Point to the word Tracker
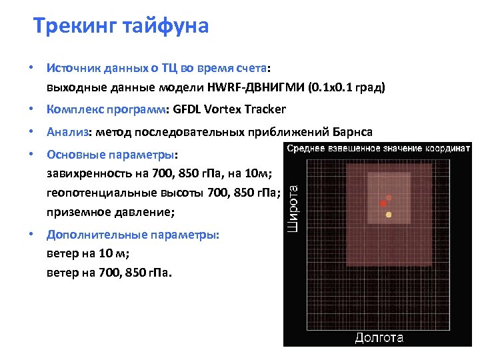coord(265,109)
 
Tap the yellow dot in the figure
coord(389,215)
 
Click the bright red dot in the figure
coord(383,203)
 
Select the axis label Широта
coord(293,208)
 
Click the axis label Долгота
coord(379,338)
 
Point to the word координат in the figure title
coord(443,148)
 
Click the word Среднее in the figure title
coord(307,148)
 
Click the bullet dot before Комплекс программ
coord(31,109)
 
